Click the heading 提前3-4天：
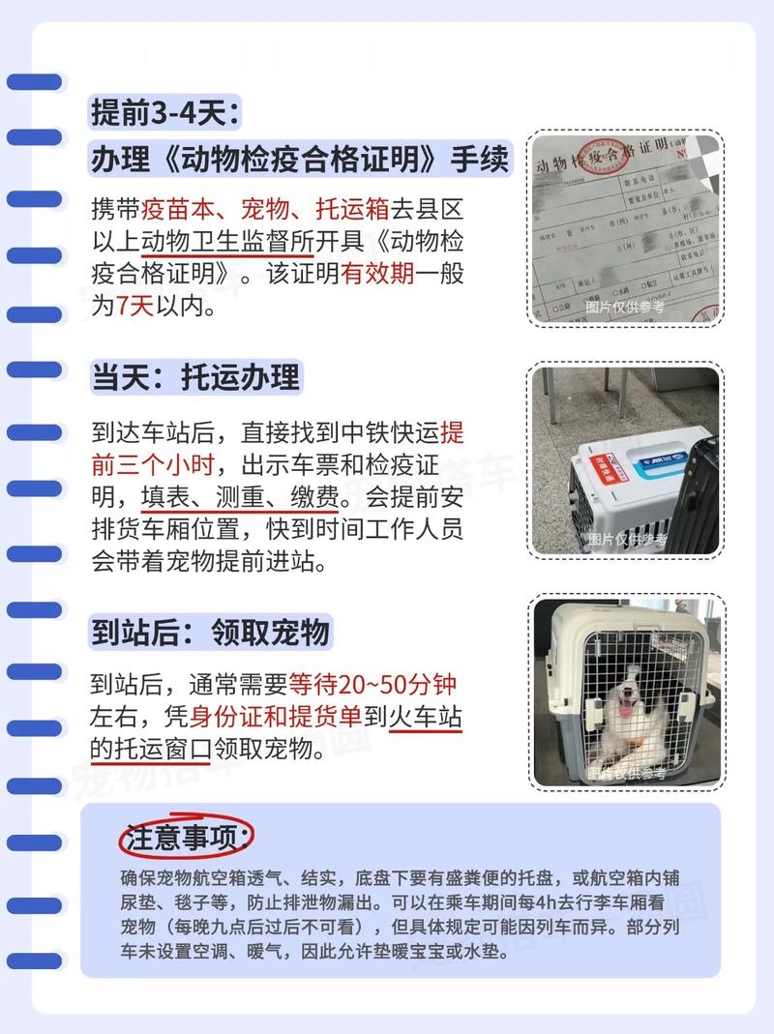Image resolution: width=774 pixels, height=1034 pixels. click(165, 113)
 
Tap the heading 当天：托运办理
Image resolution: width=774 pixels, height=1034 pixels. click(196, 377)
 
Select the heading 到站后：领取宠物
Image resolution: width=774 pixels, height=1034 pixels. click(211, 632)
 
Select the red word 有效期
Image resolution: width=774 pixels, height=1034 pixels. click(377, 275)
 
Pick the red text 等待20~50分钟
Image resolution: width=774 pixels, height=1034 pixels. click(372, 685)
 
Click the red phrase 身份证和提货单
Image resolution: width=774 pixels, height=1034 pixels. click(276, 717)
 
